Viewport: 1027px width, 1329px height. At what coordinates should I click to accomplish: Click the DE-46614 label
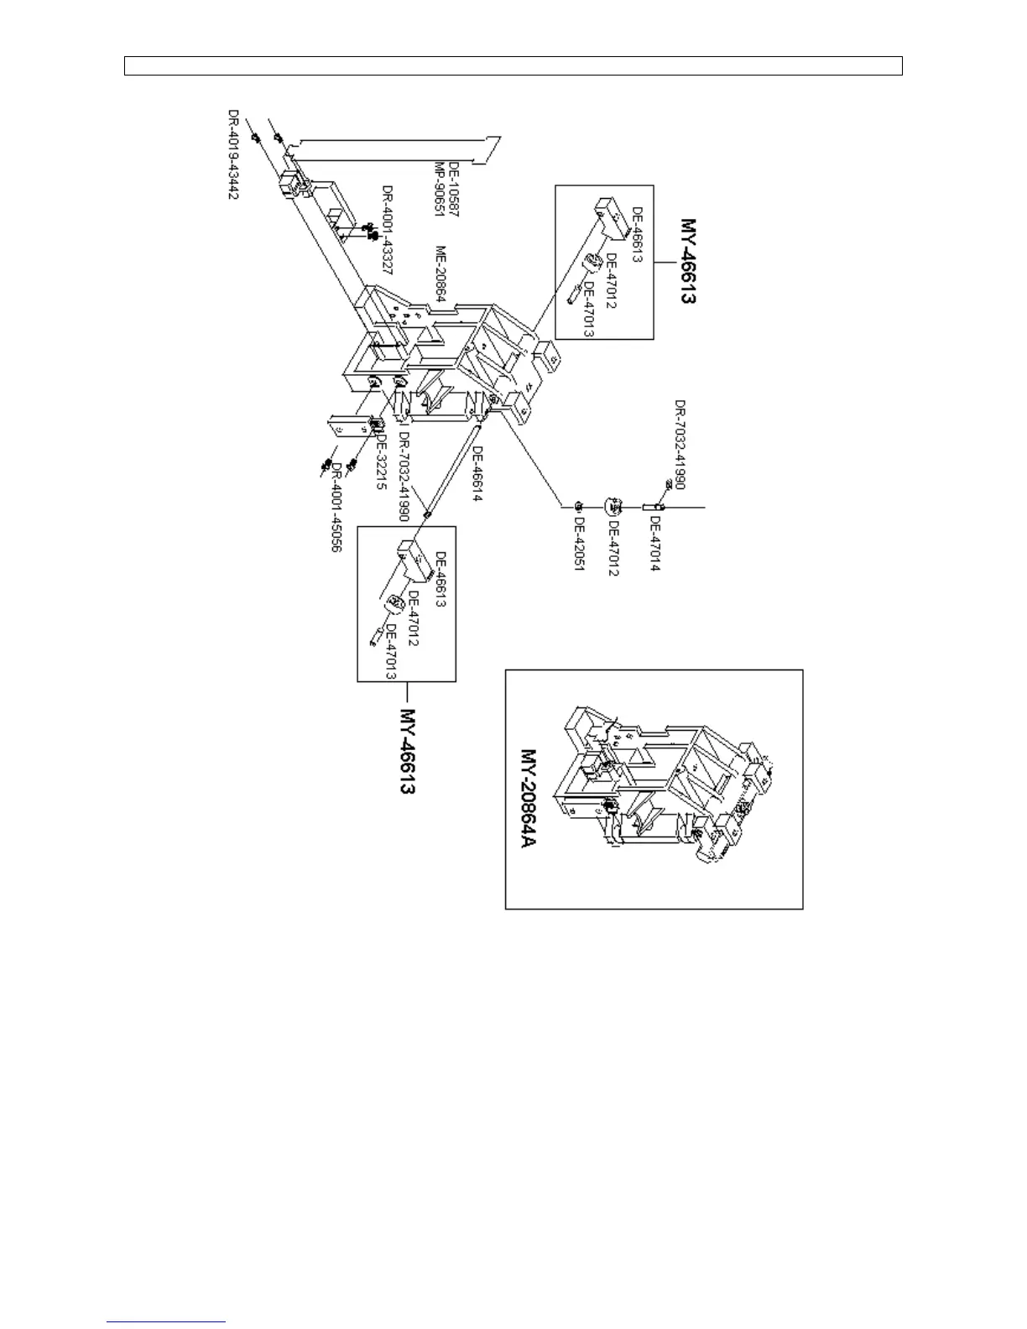pos(476,475)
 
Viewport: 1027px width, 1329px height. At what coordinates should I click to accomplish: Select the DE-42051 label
pos(579,544)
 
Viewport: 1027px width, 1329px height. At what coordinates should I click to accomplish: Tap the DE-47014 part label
pos(655,544)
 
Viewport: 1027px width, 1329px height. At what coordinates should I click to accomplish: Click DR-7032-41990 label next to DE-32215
pos(404,479)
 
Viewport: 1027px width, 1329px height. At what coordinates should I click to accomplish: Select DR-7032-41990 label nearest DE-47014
pos(680,445)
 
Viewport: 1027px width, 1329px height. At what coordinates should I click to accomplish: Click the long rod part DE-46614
pos(453,470)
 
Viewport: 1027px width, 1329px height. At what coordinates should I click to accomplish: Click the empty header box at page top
pos(513,66)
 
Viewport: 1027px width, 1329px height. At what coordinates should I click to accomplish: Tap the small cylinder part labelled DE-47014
pos(652,507)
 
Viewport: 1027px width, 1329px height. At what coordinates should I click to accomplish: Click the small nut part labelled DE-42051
pos(579,506)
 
